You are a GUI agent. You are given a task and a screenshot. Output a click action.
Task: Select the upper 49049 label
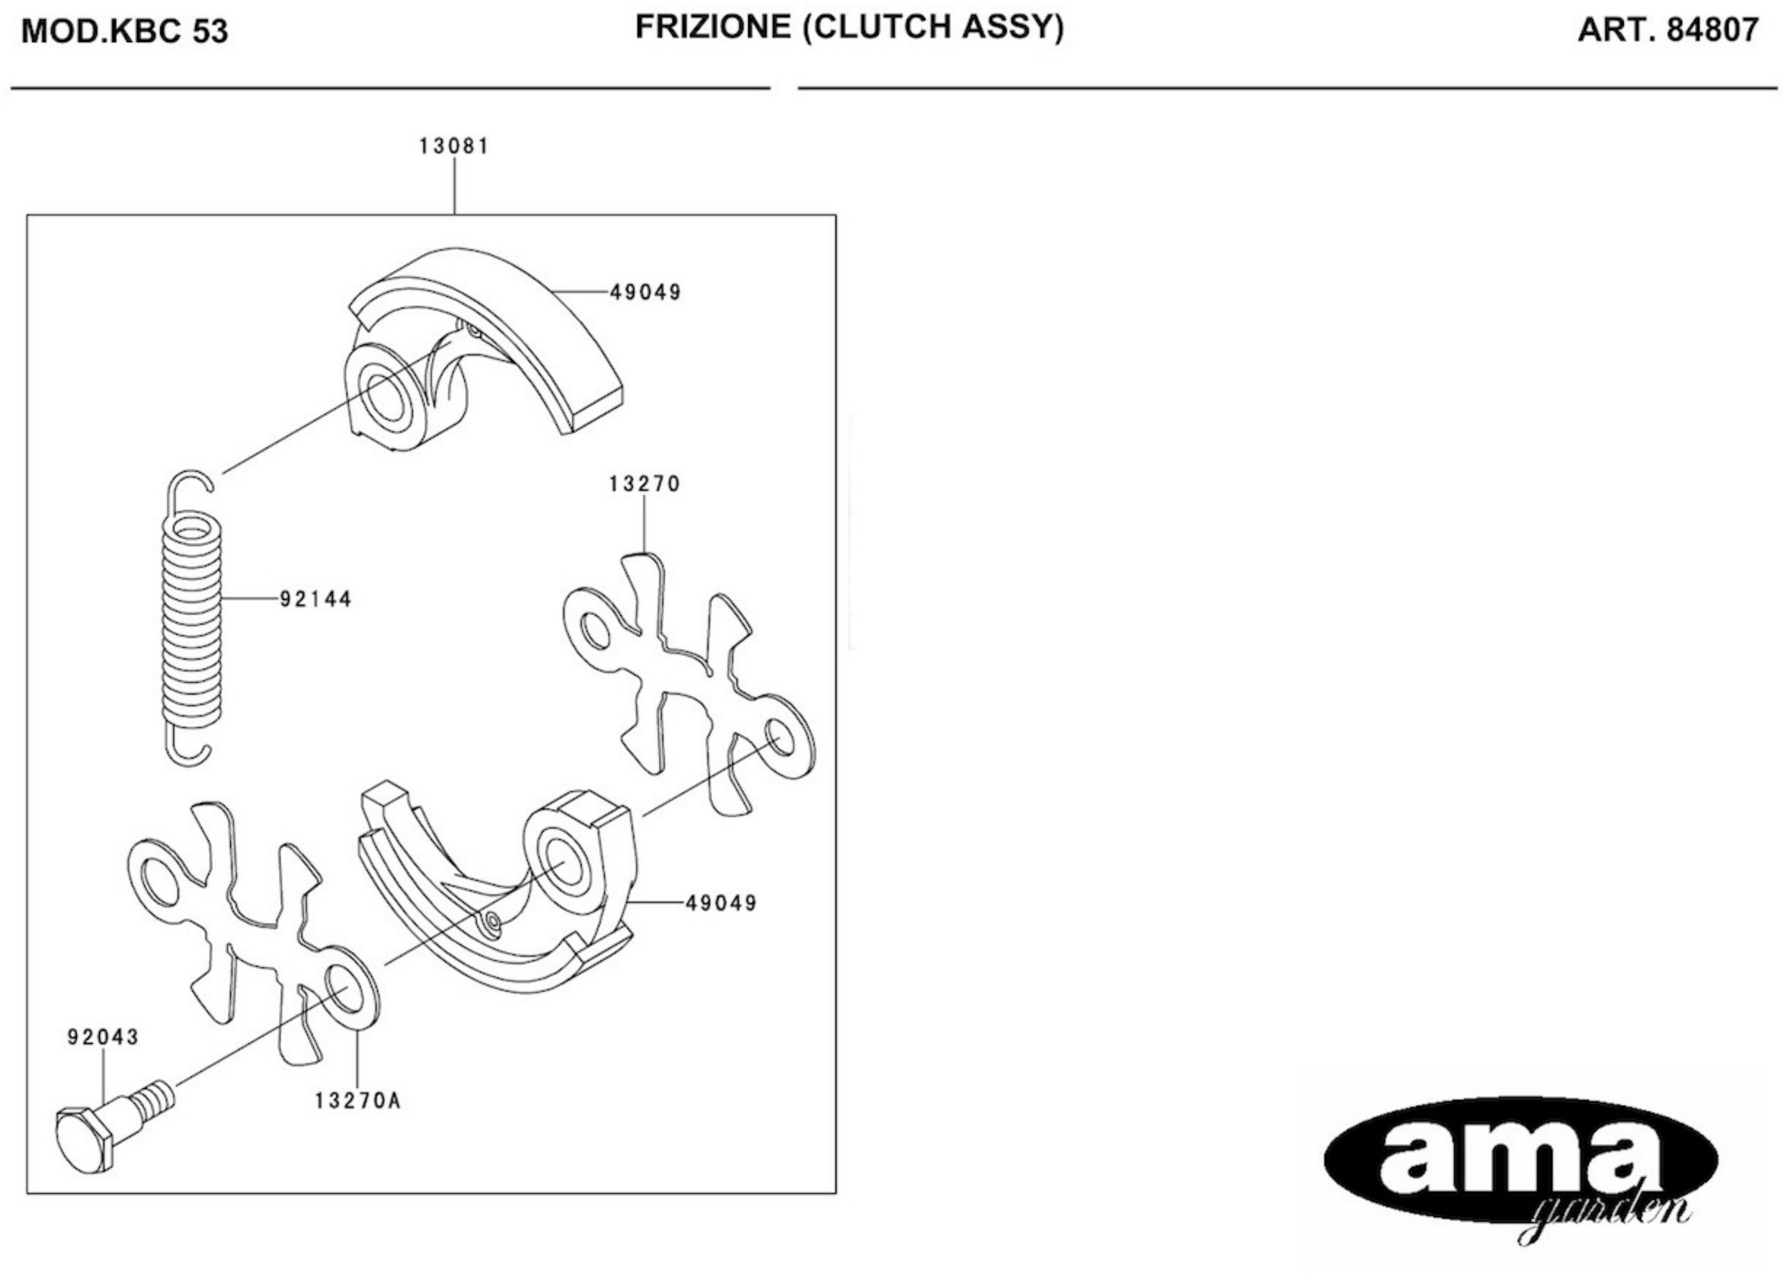[645, 293]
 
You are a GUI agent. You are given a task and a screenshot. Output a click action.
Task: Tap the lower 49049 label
[722, 903]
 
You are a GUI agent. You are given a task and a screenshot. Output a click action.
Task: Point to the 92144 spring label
[316, 599]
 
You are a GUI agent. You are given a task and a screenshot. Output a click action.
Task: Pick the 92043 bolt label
[103, 1037]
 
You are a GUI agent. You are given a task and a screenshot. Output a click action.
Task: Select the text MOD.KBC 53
[124, 31]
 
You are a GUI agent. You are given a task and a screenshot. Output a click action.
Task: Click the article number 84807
[1712, 30]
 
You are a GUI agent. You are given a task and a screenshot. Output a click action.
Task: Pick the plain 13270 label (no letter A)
[644, 484]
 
